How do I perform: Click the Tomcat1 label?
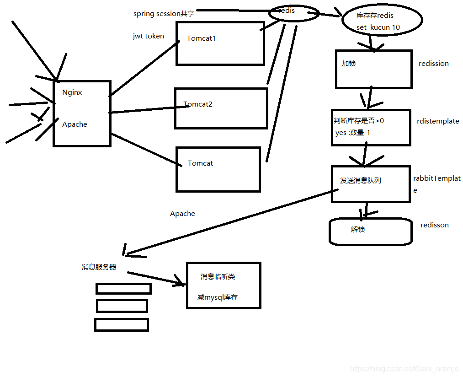(201, 38)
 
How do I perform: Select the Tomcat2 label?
(198, 104)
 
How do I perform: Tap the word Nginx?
(72, 92)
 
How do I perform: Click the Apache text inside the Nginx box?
(75, 124)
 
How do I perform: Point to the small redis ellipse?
(293, 13)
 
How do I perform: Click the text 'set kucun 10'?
(378, 27)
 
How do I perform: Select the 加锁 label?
(349, 64)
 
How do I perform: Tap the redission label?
(433, 64)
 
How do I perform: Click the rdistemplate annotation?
(438, 121)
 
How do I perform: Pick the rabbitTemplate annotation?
(436, 179)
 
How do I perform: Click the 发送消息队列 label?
(360, 181)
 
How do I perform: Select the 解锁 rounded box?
(370, 231)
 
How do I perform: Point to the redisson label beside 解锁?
(434, 225)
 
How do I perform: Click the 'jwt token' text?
(148, 36)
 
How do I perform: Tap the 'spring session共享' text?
(164, 14)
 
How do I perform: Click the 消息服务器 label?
(99, 267)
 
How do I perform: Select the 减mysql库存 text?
(218, 297)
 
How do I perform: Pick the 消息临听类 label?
(218, 277)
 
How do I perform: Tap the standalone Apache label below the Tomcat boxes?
(182, 214)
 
